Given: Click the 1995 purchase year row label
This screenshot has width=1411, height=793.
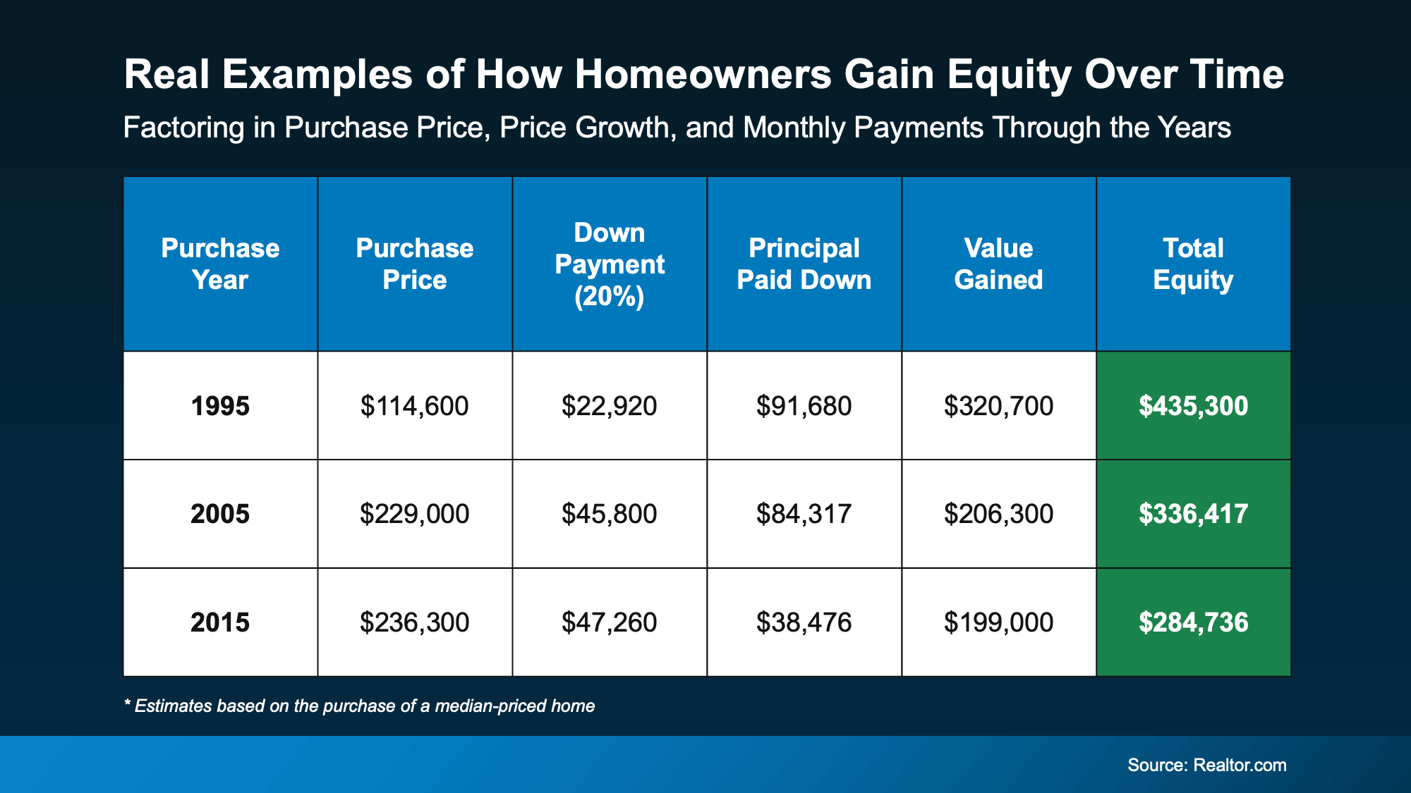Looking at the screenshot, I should (220, 406).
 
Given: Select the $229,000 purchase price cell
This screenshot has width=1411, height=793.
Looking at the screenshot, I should (414, 514).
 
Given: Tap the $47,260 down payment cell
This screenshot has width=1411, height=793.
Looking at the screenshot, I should (609, 622).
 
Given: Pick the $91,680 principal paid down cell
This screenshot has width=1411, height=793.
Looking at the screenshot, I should (804, 406).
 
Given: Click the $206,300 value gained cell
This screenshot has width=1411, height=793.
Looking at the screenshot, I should (998, 514).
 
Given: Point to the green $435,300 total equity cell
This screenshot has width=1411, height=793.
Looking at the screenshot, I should (1193, 406).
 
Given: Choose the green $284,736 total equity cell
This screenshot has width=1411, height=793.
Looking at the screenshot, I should (1193, 622).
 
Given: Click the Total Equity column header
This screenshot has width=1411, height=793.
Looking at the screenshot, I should (1193, 264).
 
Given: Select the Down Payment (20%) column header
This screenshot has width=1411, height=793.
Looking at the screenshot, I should (609, 264).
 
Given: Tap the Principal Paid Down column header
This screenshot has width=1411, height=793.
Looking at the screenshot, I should (804, 264).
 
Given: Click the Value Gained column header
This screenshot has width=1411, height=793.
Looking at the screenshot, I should (998, 264).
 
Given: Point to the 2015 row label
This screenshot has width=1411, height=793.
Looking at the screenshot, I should (220, 622).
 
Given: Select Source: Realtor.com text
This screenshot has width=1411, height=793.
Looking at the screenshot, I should (1206, 766).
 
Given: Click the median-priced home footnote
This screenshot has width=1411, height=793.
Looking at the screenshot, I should (360, 706).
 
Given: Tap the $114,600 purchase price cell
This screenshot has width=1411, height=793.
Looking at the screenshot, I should (414, 406).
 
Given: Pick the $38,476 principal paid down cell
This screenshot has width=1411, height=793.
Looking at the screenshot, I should (804, 622).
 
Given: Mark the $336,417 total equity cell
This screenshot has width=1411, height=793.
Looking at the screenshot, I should (1193, 514).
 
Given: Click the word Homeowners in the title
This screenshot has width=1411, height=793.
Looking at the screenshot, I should (703, 75).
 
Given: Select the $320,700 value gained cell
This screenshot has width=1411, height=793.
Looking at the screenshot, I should (998, 406).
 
